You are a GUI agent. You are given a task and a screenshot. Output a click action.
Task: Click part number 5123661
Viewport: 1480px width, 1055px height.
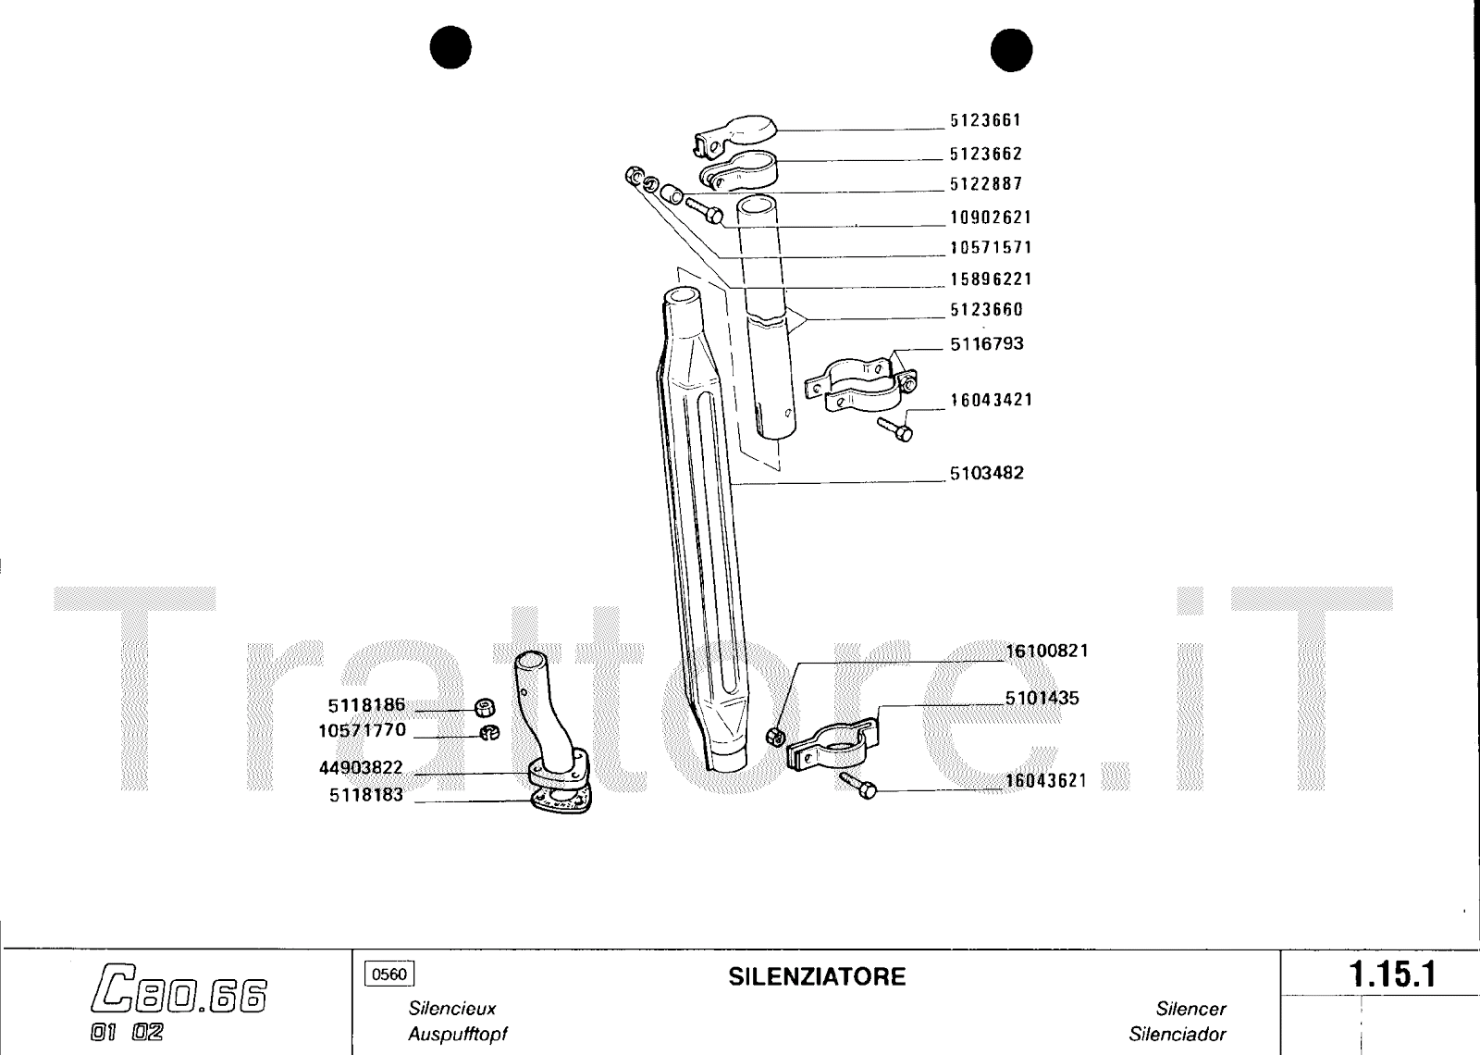tap(985, 120)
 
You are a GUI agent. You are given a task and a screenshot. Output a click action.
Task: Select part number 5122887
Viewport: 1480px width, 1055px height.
tap(985, 184)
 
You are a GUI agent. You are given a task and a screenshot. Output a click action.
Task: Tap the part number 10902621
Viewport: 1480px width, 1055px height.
tap(990, 217)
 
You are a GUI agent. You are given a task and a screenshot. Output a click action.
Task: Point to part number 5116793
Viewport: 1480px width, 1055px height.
tap(986, 344)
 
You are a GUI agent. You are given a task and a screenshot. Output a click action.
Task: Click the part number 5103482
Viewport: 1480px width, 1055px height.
tap(986, 473)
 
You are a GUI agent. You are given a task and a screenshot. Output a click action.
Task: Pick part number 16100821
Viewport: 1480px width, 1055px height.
tap(1046, 651)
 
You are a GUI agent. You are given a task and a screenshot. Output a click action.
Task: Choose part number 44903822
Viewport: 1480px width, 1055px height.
tap(361, 768)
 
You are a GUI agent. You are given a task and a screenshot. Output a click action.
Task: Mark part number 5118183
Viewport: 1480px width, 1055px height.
tap(366, 795)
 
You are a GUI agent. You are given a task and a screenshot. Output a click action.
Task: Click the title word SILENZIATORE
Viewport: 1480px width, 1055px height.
tap(817, 977)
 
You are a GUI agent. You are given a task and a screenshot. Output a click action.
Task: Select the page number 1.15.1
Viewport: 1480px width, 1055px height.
tap(1391, 975)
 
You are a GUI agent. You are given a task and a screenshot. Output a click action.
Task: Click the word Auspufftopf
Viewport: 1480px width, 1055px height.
tap(458, 1034)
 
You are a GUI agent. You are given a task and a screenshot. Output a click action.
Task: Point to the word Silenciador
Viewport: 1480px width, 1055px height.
tap(1177, 1034)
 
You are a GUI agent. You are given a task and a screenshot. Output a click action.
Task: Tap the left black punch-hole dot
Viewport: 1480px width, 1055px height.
tap(450, 48)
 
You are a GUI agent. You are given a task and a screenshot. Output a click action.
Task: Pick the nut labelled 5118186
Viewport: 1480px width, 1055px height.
tap(483, 709)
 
